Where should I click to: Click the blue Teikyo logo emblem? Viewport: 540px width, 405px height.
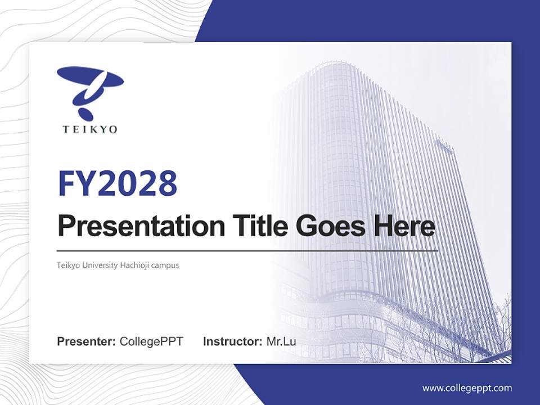point(90,90)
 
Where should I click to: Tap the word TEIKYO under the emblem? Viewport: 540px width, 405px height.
point(90,129)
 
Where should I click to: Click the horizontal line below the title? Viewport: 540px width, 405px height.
point(247,251)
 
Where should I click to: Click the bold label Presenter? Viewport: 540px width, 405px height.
point(87,341)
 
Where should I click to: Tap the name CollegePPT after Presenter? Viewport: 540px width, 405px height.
point(151,341)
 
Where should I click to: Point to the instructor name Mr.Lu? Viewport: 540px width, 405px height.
point(281,341)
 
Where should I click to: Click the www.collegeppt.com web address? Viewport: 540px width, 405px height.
point(467,388)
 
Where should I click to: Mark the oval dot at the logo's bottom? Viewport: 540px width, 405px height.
point(86,113)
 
